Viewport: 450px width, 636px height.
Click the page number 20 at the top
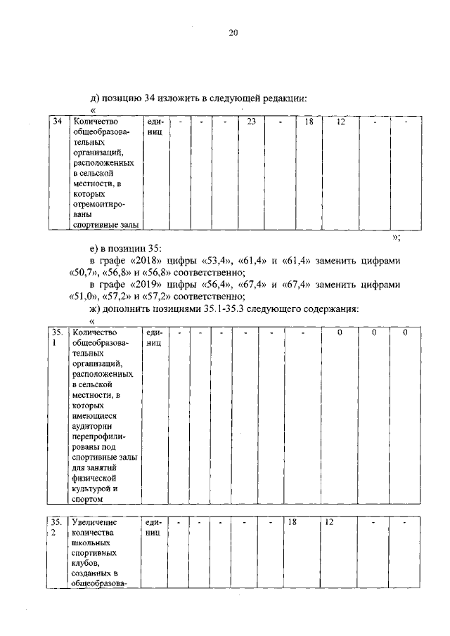[233, 32]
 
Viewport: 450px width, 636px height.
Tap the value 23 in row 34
[251, 122]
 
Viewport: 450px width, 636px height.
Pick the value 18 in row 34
[308, 122]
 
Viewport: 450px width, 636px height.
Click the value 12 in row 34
[340, 122]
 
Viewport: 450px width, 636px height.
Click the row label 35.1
[58, 337]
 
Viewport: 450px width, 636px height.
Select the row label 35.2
[58, 528]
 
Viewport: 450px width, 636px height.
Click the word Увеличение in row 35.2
[95, 523]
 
